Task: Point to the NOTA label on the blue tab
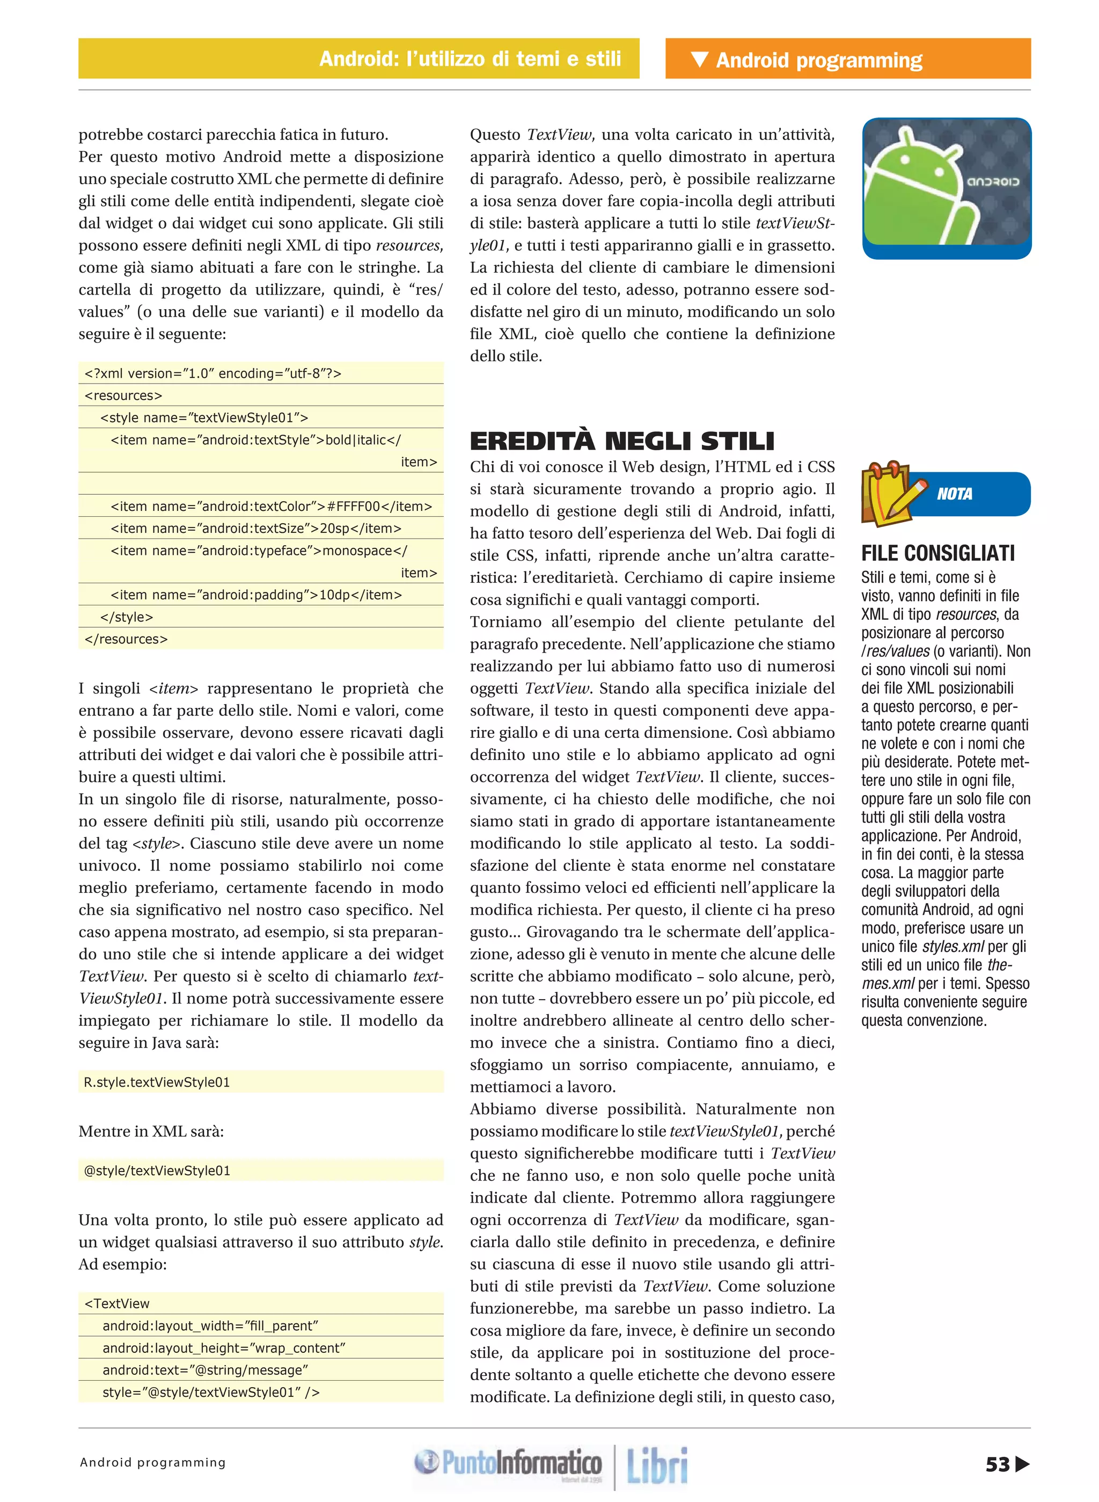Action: coord(954,494)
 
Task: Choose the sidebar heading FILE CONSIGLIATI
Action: coord(937,553)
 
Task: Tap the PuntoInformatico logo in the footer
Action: coord(508,1463)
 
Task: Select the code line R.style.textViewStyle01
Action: coord(157,1082)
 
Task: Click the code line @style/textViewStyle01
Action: coord(157,1171)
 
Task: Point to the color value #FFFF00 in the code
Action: coord(353,506)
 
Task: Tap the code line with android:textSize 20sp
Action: coord(256,528)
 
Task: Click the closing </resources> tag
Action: coord(127,639)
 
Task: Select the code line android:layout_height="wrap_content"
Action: coord(224,1347)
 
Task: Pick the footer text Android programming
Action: coord(153,1463)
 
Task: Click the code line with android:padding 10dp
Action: coord(256,595)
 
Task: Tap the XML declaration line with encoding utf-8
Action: coord(213,373)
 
